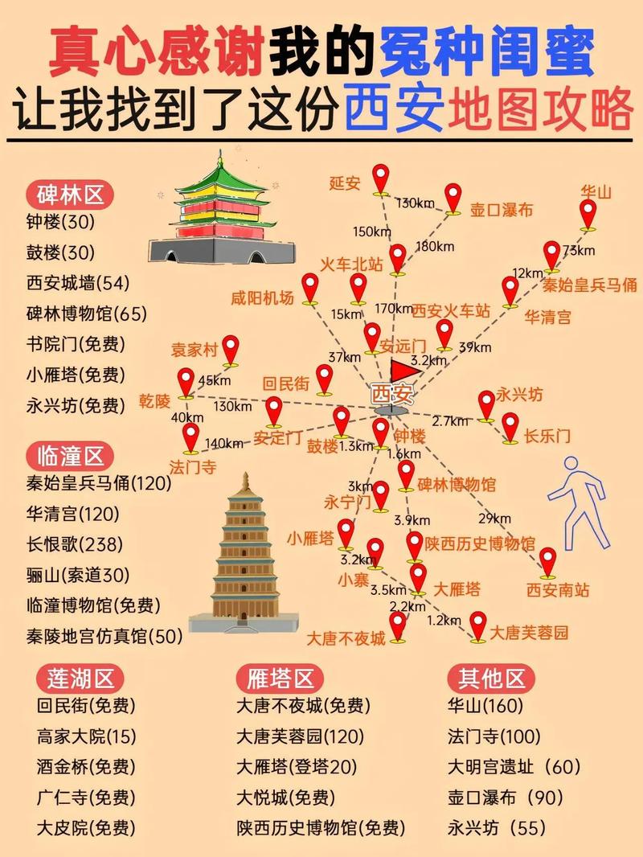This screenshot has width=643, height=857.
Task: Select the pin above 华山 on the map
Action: tap(588, 215)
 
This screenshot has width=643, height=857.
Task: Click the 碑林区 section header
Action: tap(71, 195)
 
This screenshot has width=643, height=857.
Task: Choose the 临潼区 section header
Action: tap(71, 457)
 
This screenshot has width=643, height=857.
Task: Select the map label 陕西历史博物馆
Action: tap(480, 543)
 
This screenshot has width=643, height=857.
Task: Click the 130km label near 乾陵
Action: tap(233, 406)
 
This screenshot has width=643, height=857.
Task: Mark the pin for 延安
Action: tap(381, 178)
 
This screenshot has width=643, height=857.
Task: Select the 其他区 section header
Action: tap(491, 678)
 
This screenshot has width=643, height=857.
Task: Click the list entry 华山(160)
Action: tap(485, 706)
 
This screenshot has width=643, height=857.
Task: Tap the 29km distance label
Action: tap(494, 518)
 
